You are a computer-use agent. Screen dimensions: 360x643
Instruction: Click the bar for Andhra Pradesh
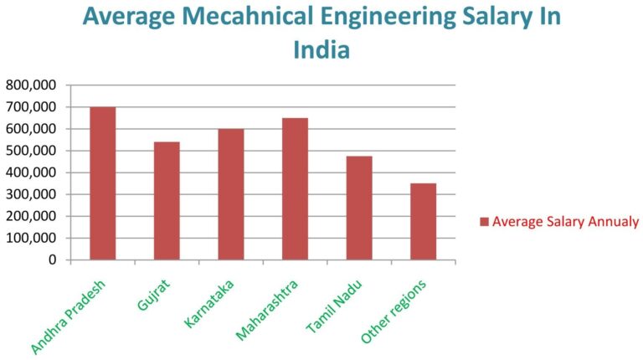(102, 183)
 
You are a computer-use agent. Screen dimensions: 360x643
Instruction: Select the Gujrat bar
(167, 201)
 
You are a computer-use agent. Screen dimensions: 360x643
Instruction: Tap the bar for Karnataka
(230, 194)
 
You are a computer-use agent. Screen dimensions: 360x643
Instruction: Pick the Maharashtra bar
(295, 189)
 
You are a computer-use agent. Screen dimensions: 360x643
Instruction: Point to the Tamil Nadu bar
(358, 208)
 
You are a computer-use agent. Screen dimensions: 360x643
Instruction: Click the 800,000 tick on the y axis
(31, 85)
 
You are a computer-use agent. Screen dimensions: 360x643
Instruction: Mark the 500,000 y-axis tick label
(31, 151)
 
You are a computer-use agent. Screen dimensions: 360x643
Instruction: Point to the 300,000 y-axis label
(31, 194)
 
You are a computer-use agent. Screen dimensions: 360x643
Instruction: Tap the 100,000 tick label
(31, 238)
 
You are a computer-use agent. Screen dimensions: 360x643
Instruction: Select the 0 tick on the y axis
(52, 260)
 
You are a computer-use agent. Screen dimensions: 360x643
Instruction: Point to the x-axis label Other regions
(394, 310)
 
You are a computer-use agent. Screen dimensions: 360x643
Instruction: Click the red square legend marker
(484, 222)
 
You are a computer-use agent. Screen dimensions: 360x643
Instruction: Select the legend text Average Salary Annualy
(565, 222)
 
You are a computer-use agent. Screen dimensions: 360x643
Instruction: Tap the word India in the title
(321, 49)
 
